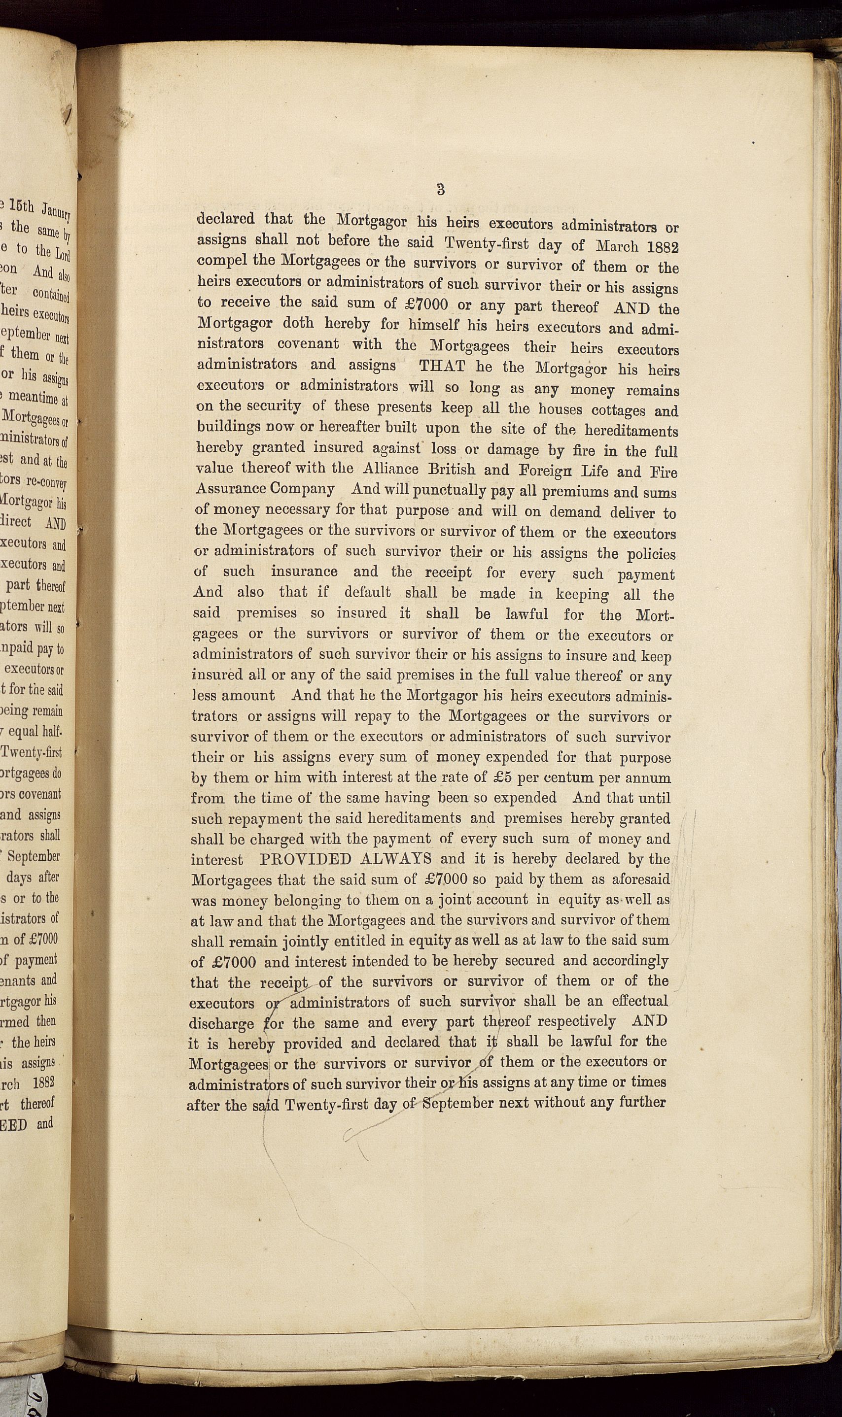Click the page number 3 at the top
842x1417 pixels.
coord(441,189)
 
